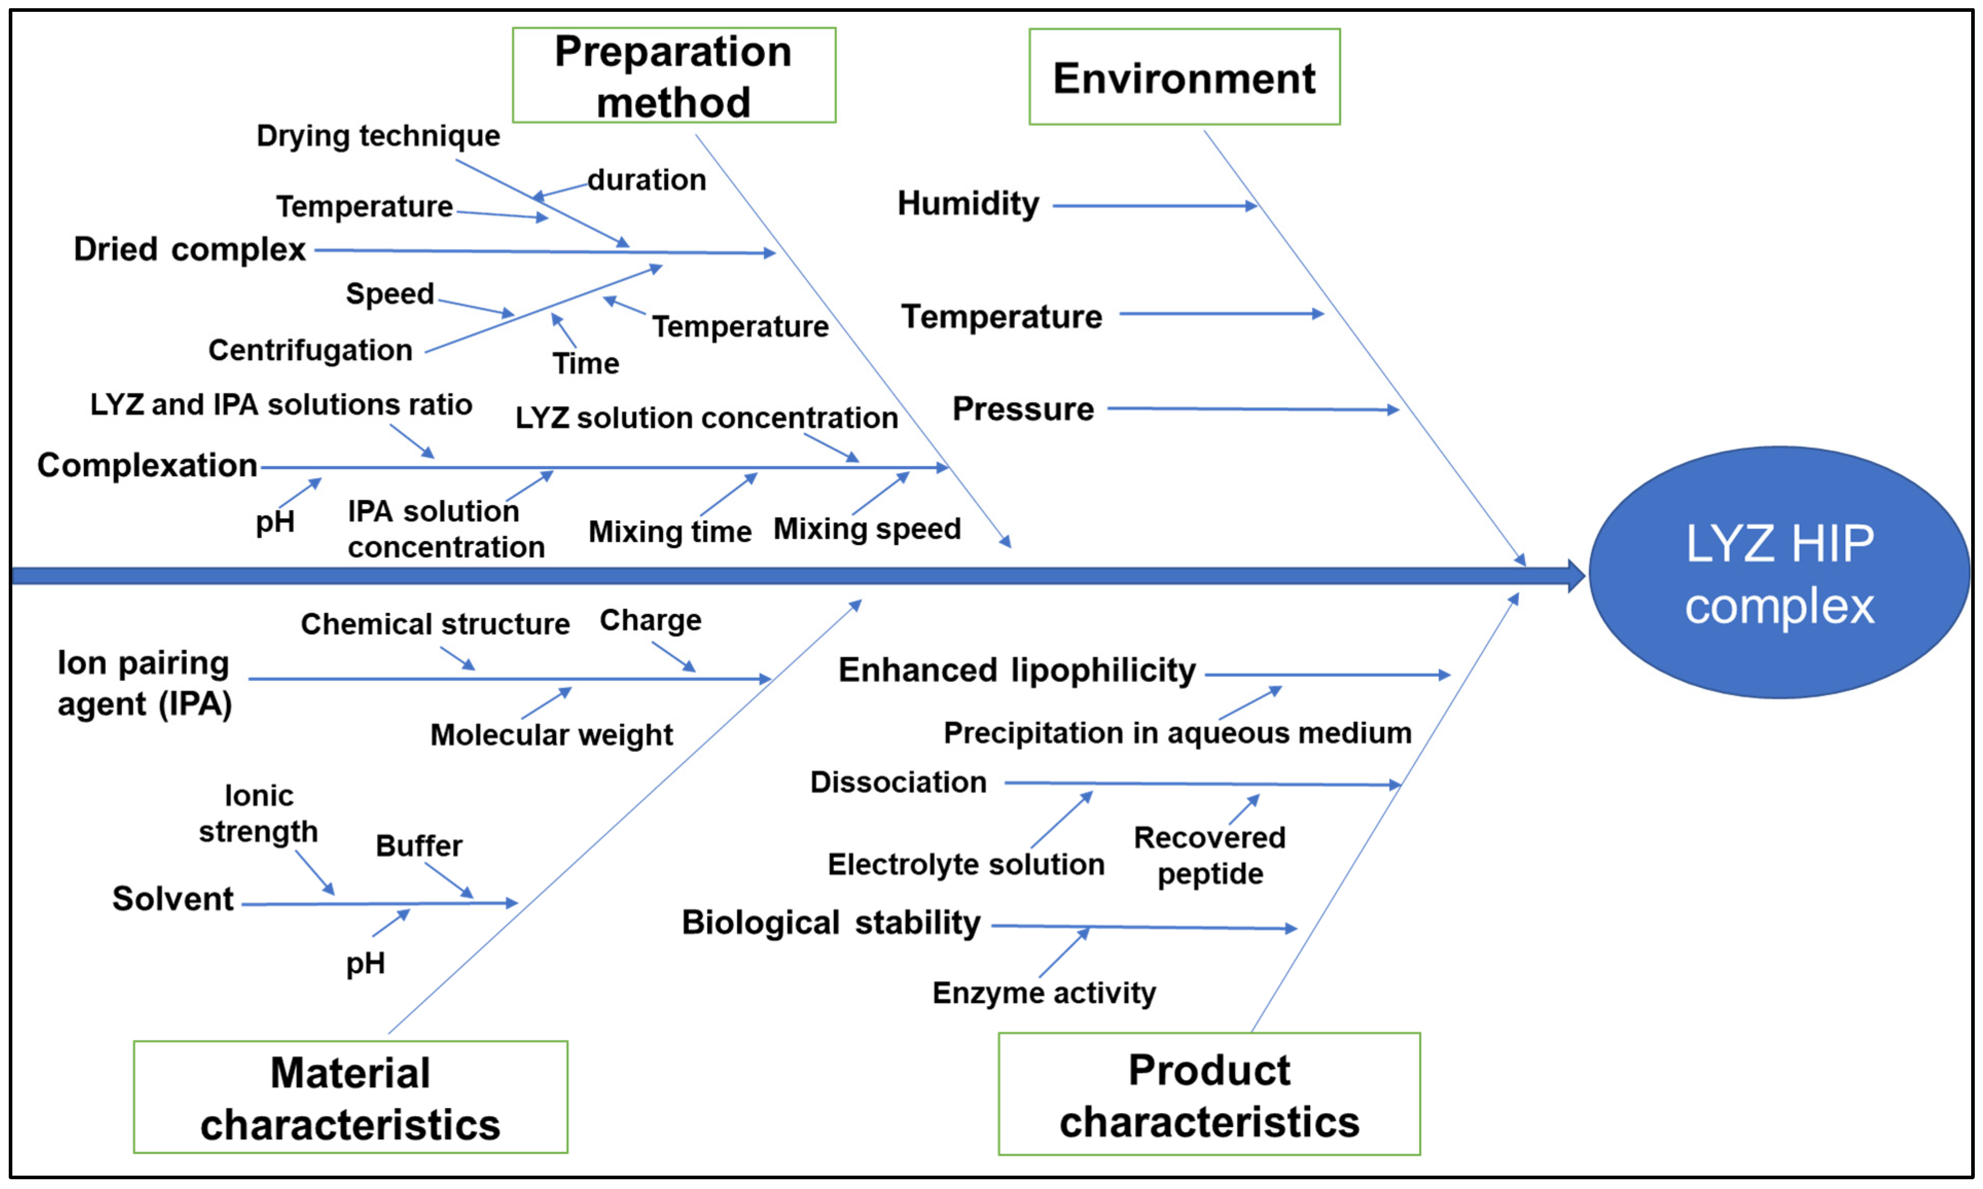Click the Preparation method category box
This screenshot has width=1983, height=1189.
click(x=673, y=76)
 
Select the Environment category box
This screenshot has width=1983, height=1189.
click(x=1184, y=77)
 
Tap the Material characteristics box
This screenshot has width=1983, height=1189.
click(x=350, y=1097)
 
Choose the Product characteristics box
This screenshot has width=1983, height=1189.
click(x=1209, y=1094)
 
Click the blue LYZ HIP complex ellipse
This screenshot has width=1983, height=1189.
click(x=1779, y=573)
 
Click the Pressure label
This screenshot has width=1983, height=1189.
click(x=1023, y=409)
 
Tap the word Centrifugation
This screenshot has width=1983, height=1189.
click(x=310, y=350)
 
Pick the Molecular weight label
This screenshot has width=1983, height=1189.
click(x=551, y=735)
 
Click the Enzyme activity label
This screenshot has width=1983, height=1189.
click(x=1043, y=993)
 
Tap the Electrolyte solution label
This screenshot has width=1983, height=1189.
click(x=965, y=865)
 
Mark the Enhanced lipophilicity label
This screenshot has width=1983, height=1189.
click(x=1016, y=670)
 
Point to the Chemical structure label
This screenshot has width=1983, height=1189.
click(x=435, y=624)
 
